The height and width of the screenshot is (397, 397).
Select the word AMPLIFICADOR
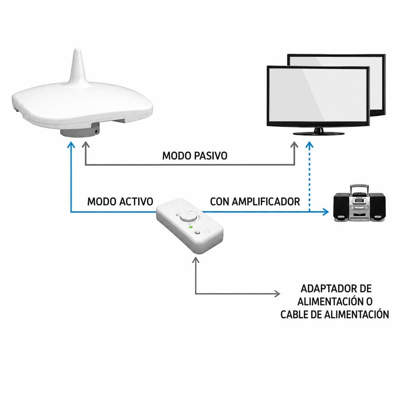[266, 202]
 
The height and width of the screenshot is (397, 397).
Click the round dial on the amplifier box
[188, 217]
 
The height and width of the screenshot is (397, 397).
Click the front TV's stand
[318, 132]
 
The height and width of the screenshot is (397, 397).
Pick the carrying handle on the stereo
[359, 189]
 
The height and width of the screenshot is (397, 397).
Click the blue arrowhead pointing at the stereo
[326, 212]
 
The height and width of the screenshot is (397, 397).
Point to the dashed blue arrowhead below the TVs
[309, 145]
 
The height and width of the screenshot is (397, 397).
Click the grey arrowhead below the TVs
[294, 145]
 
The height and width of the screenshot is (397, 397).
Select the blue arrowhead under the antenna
[71, 145]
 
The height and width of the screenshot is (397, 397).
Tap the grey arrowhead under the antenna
[86, 145]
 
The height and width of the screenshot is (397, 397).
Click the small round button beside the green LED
[197, 233]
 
